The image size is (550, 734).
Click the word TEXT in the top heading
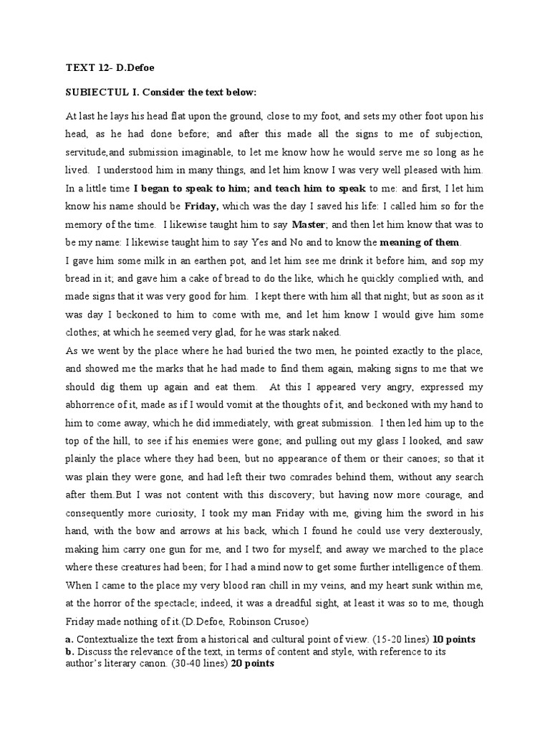pos(78,68)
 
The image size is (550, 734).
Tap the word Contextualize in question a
pos(107,639)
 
